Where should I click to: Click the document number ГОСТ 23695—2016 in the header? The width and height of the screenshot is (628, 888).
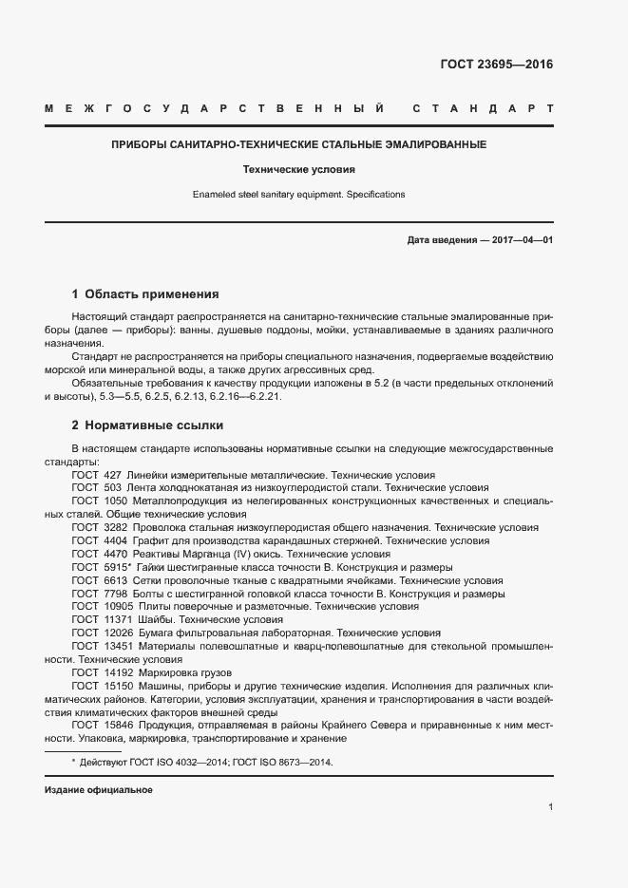click(496, 66)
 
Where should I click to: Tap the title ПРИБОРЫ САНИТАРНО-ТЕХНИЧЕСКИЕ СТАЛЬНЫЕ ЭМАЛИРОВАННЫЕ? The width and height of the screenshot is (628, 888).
click(299, 145)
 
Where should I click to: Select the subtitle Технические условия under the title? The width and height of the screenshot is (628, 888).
click(299, 170)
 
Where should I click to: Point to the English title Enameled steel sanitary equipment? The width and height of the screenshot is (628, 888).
click(299, 194)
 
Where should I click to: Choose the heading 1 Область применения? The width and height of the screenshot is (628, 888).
click(145, 294)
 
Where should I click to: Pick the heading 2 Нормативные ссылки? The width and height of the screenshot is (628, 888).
click(147, 425)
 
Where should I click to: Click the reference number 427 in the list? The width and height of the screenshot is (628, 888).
click(112, 474)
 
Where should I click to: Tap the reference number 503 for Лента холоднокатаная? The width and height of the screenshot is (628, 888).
click(112, 487)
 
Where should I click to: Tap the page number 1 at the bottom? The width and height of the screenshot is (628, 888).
click(550, 807)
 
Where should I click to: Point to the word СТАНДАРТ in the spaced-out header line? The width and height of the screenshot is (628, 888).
click(483, 108)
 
